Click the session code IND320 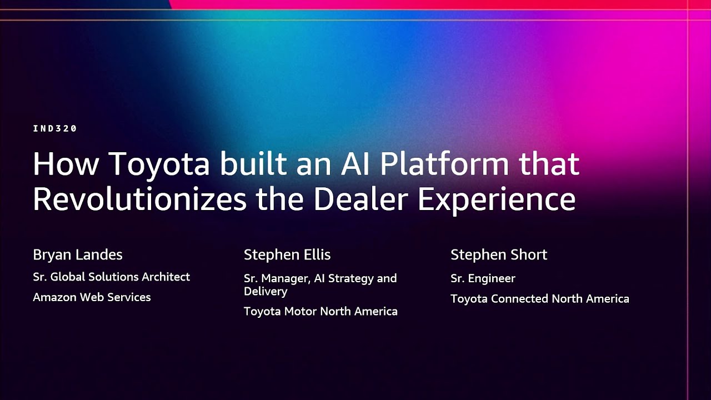pos(54,128)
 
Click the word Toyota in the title pos(159,164)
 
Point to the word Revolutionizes pos(139,198)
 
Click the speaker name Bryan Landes pos(78,255)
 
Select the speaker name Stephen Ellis pos(287,255)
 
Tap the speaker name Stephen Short pos(499,255)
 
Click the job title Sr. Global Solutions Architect pos(111,277)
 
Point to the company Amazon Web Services pos(92,297)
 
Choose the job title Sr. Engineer pos(483,278)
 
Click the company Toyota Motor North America pos(321,312)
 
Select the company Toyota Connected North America pos(539,299)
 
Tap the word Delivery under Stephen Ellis pos(266,291)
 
